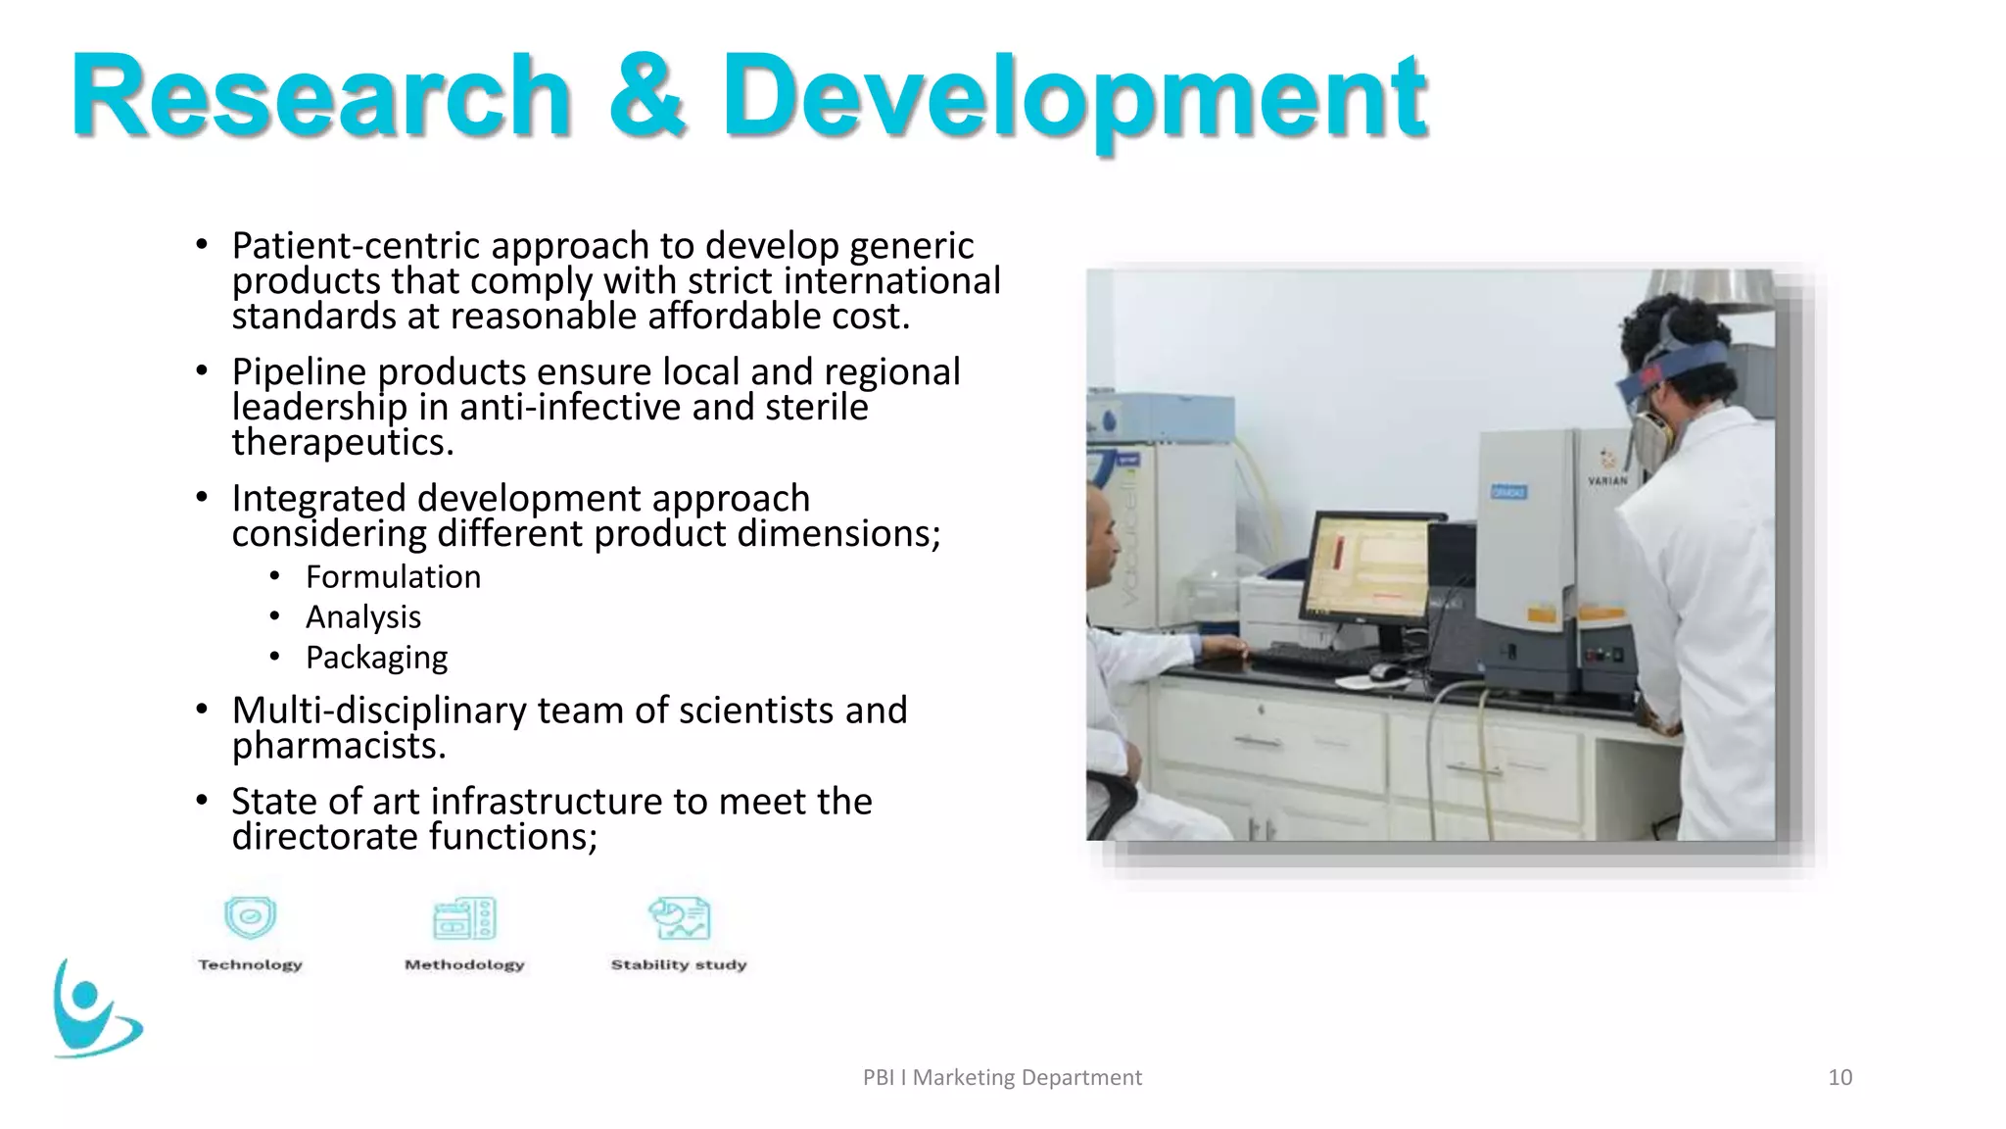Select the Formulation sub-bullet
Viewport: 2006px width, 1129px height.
click(393, 577)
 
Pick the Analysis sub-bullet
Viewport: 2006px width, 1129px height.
click(363, 617)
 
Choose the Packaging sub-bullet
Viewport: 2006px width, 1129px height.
click(376, 658)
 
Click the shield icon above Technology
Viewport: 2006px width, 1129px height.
click(250, 918)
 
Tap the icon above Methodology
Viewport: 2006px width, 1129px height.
click(464, 919)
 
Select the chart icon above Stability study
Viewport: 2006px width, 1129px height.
click(679, 918)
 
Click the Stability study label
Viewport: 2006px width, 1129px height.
click(679, 964)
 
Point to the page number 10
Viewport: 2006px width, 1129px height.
click(1839, 1077)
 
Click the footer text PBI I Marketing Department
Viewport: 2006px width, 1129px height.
click(1002, 1077)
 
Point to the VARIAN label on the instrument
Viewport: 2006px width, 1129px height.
click(1607, 480)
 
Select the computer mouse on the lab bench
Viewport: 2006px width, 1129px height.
click(1386, 671)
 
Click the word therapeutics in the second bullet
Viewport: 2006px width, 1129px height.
click(343, 443)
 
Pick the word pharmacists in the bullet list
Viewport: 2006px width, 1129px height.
click(339, 747)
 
